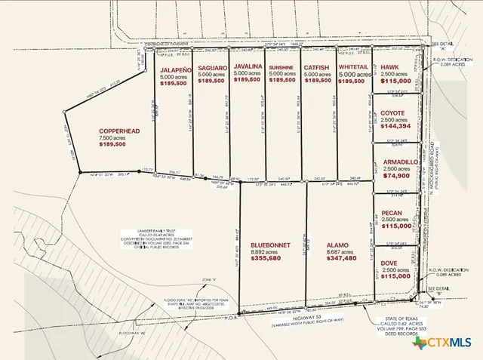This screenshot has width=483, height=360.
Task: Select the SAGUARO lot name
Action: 212,68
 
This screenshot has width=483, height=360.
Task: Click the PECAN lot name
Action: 393,213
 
